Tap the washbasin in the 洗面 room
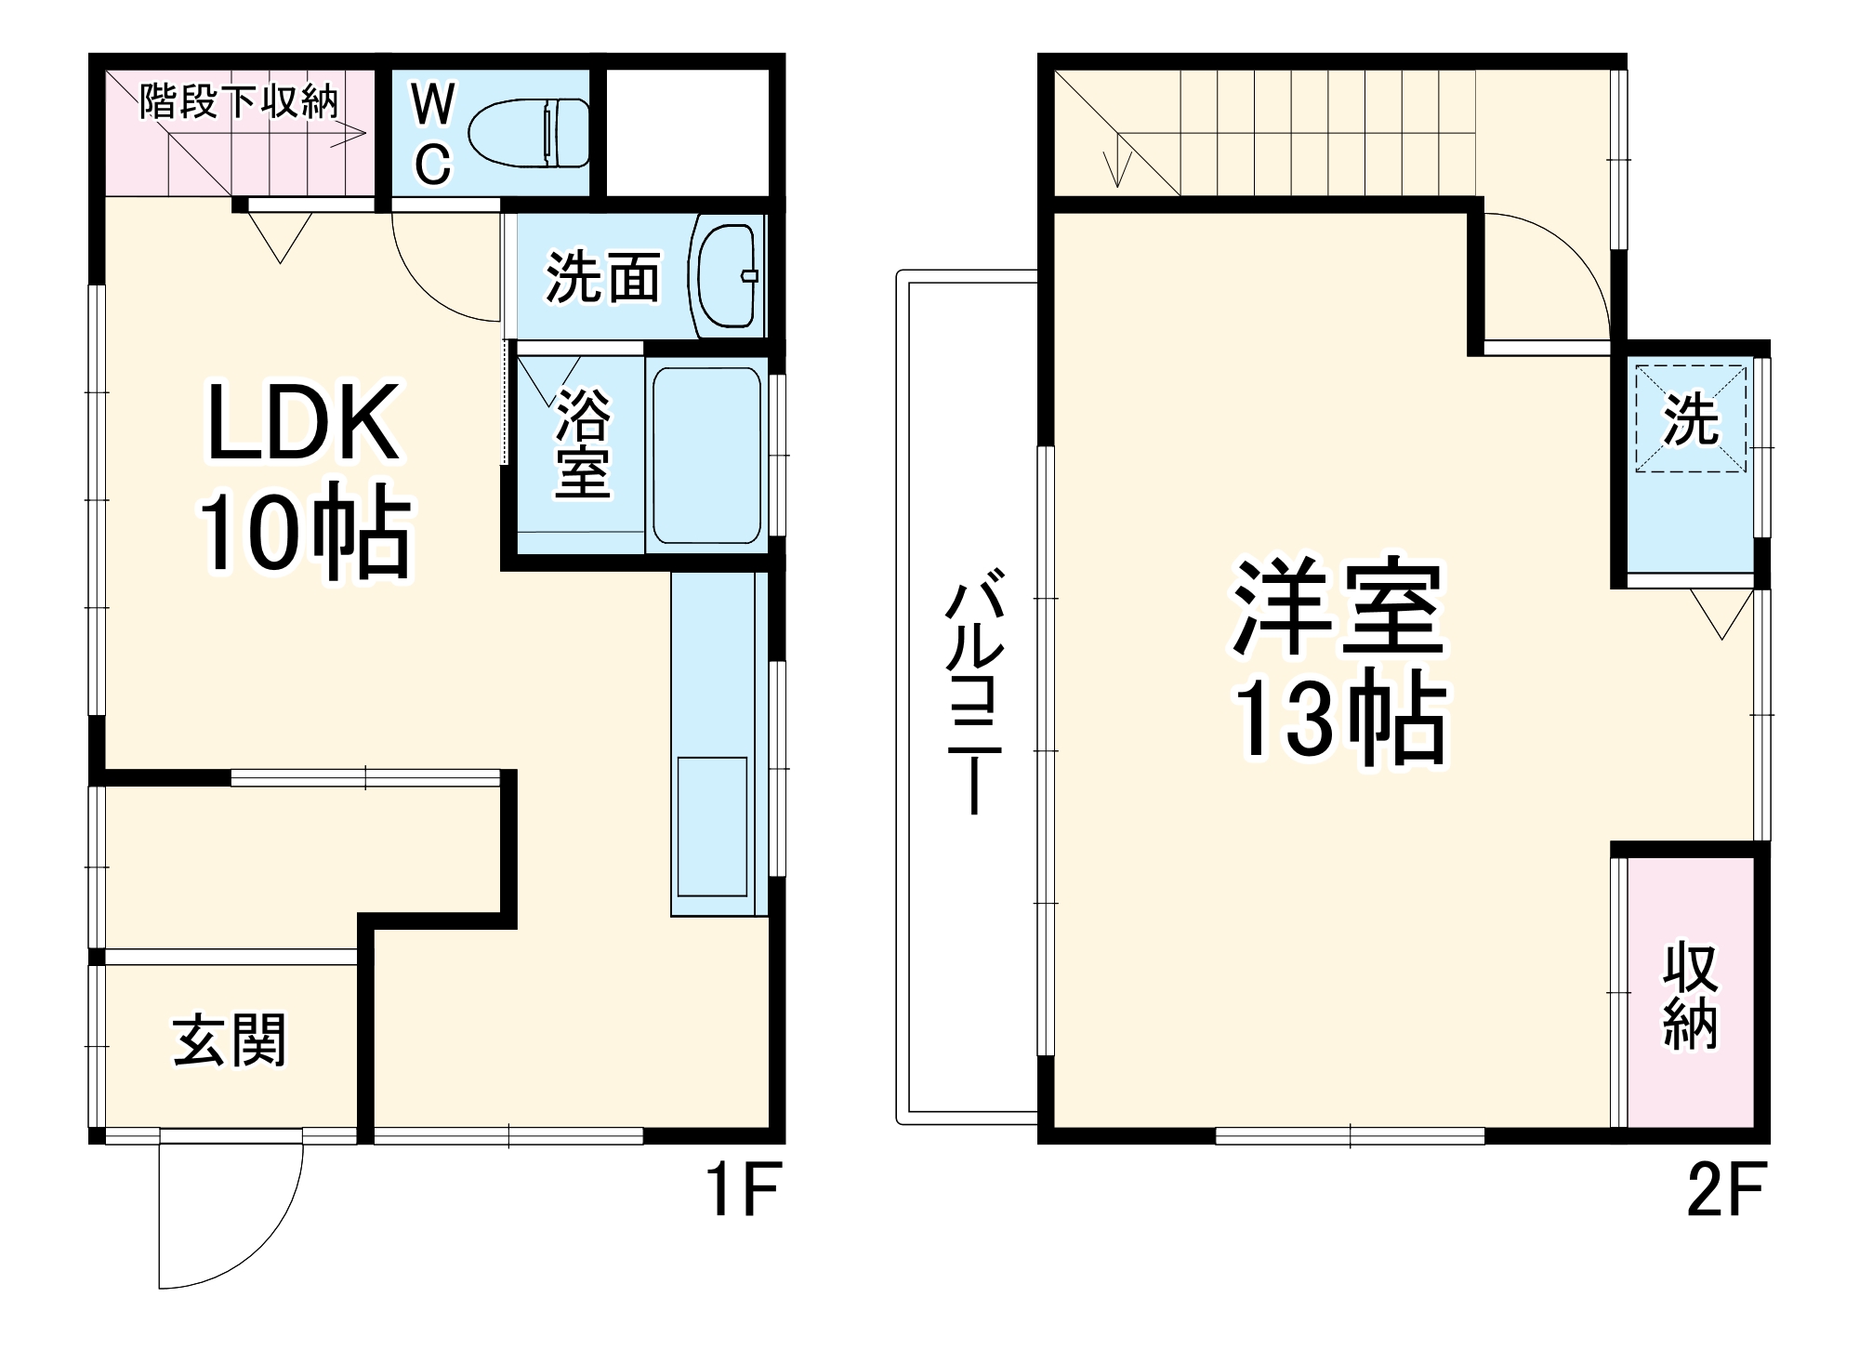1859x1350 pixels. click(726, 275)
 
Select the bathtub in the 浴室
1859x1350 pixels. click(706, 456)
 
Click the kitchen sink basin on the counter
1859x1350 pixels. click(712, 826)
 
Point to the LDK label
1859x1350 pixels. click(303, 423)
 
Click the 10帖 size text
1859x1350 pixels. click(305, 533)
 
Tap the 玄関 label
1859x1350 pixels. click(230, 1040)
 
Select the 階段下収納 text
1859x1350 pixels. click(239, 100)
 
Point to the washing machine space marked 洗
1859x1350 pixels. click(1691, 419)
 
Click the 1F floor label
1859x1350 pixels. click(743, 1190)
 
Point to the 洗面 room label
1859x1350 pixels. click(602, 277)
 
